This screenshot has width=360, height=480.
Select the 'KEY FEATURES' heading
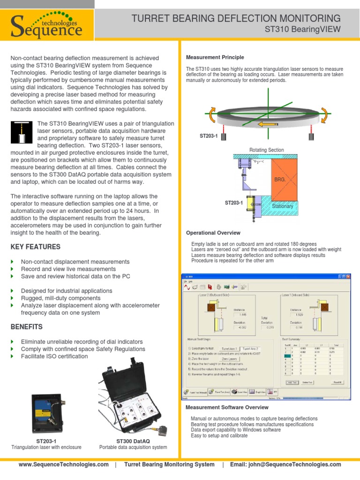[35, 247]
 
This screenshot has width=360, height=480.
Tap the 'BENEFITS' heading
[26, 327]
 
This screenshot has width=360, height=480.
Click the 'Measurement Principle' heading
[215, 57]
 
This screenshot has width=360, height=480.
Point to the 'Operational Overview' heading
[213, 233]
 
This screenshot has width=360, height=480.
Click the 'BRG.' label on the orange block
[280, 180]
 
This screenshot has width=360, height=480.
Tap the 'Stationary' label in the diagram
[283, 206]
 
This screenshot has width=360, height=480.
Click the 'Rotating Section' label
[266, 150]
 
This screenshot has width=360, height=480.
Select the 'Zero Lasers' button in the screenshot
[230, 358]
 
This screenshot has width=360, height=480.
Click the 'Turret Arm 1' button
[230, 348]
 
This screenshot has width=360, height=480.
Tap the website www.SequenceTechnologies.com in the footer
[63, 465]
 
